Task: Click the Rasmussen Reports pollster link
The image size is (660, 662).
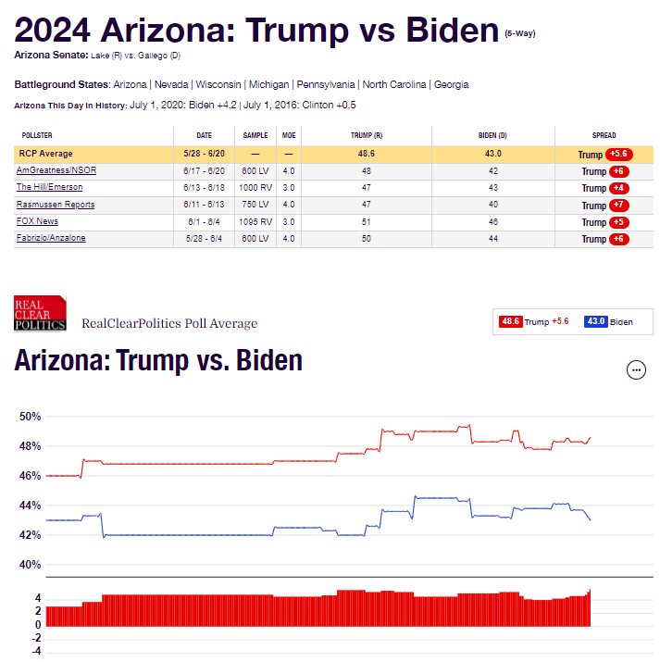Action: tap(56, 205)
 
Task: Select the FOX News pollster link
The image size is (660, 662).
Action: tap(37, 221)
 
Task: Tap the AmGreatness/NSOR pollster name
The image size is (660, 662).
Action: tap(56, 170)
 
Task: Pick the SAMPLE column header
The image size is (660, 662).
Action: tap(255, 135)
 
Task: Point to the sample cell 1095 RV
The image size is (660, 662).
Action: tap(255, 221)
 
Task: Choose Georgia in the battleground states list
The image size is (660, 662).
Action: tap(453, 84)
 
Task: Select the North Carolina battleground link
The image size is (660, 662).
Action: tap(394, 84)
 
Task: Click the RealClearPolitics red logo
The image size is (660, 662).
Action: tap(40, 313)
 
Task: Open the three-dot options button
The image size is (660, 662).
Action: tap(636, 370)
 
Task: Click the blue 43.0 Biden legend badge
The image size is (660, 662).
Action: tap(595, 321)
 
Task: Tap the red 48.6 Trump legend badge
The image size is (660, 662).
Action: tap(510, 321)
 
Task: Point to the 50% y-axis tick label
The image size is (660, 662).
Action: tap(31, 417)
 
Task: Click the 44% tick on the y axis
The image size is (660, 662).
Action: tap(31, 506)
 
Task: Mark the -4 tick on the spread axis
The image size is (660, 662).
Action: tap(37, 650)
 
